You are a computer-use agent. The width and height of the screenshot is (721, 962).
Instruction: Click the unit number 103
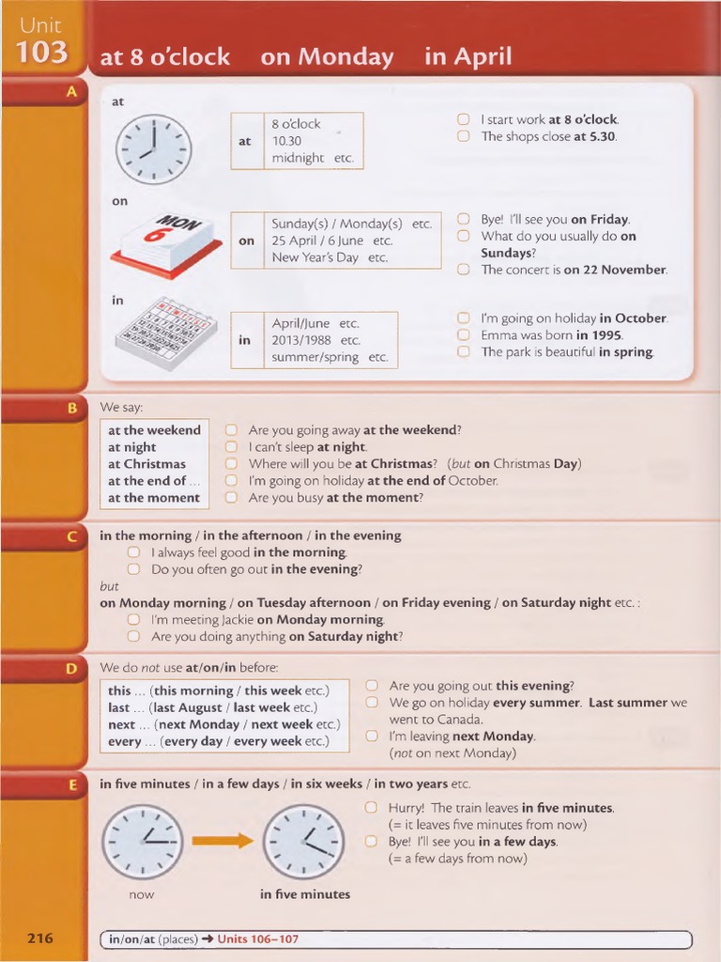click(x=41, y=53)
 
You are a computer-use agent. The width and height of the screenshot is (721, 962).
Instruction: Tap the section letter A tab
click(x=70, y=92)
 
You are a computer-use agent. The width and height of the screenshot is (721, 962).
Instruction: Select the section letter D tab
click(x=70, y=668)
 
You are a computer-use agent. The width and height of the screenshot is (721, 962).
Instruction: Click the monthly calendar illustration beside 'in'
click(x=165, y=334)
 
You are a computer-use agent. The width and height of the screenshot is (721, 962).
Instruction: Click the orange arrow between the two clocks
click(x=222, y=840)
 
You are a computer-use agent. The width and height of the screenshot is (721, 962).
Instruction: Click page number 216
click(x=40, y=938)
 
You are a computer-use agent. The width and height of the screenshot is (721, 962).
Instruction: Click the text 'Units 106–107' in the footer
click(x=257, y=939)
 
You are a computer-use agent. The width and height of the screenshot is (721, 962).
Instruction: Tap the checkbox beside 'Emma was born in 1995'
click(x=463, y=334)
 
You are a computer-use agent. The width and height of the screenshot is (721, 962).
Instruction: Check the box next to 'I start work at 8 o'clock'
click(x=463, y=119)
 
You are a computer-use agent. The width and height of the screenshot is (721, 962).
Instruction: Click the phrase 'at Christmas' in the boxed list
click(x=146, y=464)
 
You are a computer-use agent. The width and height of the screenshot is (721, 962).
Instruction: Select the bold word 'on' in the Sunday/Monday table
click(x=246, y=240)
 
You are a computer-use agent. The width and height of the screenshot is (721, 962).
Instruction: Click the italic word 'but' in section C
click(x=109, y=586)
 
